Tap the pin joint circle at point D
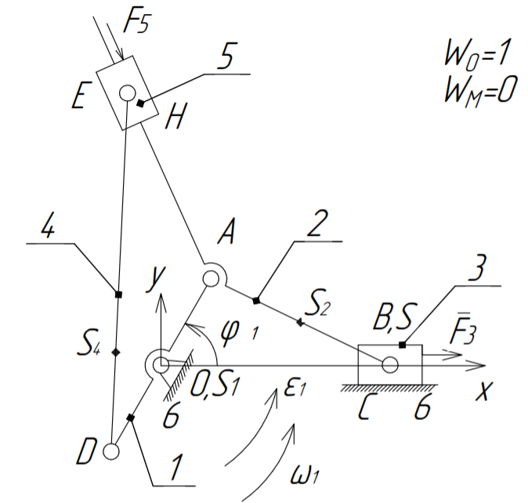click(111, 451)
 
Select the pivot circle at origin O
click(160, 364)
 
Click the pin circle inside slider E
click(127, 92)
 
